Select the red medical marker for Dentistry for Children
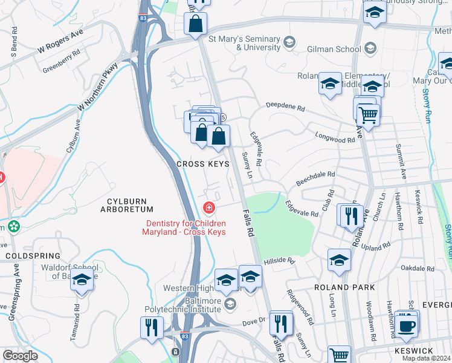(x=209, y=209)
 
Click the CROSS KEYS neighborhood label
(x=202, y=164)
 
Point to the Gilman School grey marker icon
(x=370, y=47)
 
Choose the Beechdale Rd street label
(x=315, y=178)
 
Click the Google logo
(x=20, y=356)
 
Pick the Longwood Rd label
(x=334, y=139)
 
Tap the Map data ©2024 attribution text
(x=427, y=358)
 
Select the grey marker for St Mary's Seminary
(x=289, y=42)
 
